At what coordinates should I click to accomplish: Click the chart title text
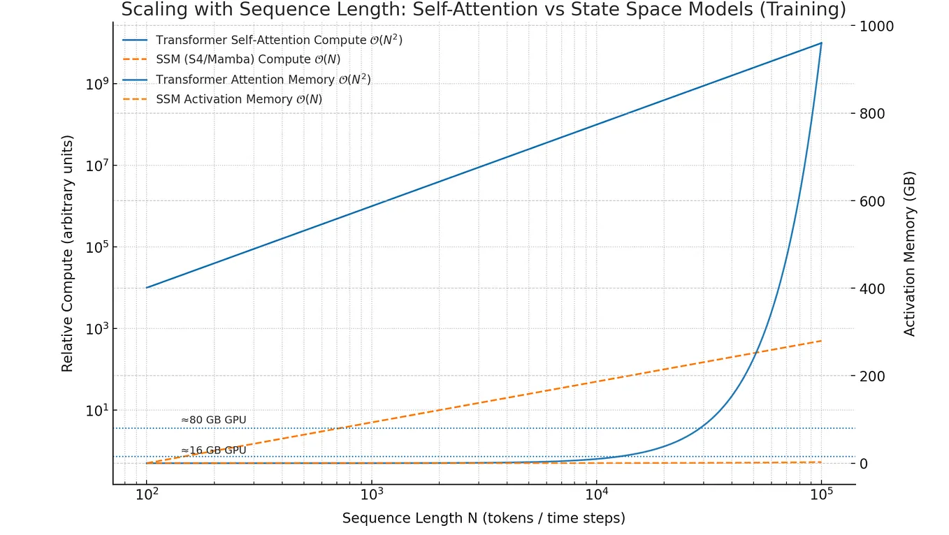pyautogui.click(x=484, y=10)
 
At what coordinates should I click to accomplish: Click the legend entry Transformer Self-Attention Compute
pyautogui.click(x=278, y=41)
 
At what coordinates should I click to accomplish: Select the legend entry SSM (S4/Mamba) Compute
pyautogui.click(x=247, y=60)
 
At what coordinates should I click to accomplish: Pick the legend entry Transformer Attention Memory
pyautogui.click(x=263, y=80)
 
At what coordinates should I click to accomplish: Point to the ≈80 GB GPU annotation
pyautogui.click(x=213, y=420)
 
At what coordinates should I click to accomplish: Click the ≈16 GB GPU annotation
pyautogui.click(x=213, y=450)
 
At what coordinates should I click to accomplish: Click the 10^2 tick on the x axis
pyautogui.click(x=146, y=494)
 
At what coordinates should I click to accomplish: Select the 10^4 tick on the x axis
pyautogui.click(x=596, y=494)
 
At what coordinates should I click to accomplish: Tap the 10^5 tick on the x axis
pyautogui.click(x=821, y=494)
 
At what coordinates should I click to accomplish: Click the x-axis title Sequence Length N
pyautogui.click(x=484, y=518)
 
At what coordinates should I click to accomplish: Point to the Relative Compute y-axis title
pyautogui.click(x=67, y=254)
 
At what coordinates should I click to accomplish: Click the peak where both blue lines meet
pyautogui.click(x=821, y=43)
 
